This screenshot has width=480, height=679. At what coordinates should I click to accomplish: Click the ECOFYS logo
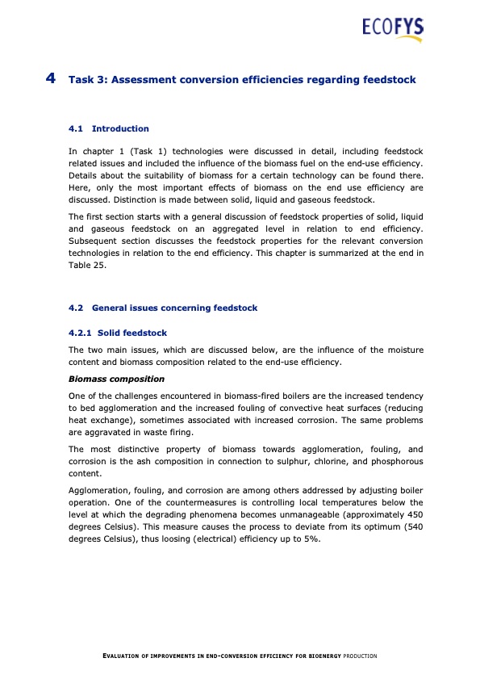[x=392, y=30]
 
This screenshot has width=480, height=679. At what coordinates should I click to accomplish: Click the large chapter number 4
[x=51, y=79]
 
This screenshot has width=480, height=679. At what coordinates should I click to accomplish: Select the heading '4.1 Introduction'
[x=109, y=128]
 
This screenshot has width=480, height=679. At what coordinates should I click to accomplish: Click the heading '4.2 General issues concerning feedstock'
[x=164, y=308]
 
